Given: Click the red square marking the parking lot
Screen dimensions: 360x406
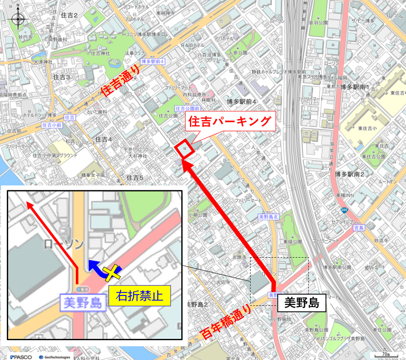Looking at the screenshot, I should (x=185, y=148).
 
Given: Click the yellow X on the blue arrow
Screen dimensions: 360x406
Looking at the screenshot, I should (x=111, y=272).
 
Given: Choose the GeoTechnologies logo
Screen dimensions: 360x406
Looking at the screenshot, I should (x=55, y=356).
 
